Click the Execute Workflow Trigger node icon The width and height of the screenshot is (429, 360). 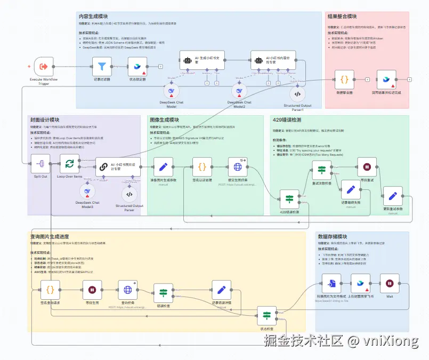coord(44,67)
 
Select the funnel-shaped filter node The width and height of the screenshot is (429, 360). coord(102,67)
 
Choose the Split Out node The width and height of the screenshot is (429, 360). coord(41,163)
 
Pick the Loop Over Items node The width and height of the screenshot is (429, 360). coord(70,163)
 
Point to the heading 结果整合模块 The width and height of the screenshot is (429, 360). coord(342,17)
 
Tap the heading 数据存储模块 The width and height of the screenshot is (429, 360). coord(333,236)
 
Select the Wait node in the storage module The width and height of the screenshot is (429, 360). coord(390,283)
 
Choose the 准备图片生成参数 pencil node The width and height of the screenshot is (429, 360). coord(164,166)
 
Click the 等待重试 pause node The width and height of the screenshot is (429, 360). coord(367,166)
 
